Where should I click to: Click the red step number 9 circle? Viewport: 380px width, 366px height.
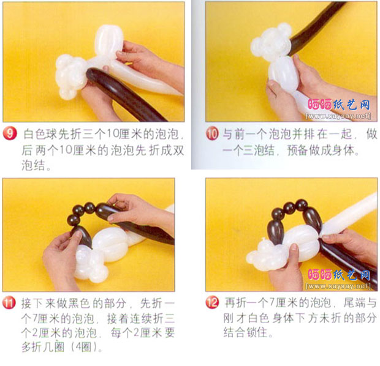[10, 133]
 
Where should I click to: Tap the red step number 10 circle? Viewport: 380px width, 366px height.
[212, 134]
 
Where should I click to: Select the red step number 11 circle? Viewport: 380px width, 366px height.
[9, 303]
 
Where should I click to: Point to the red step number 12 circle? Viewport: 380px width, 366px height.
[212, 302]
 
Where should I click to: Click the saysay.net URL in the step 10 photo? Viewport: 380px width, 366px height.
[338, 116]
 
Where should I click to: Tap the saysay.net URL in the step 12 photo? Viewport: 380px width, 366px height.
[338, 286]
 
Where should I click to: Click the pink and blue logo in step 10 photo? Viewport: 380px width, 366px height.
[339, 105]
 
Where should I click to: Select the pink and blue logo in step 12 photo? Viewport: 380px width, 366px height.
[339, 275]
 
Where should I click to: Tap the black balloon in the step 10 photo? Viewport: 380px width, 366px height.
[315, 27]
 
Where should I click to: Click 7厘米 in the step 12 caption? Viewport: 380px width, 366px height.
[281, 302]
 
